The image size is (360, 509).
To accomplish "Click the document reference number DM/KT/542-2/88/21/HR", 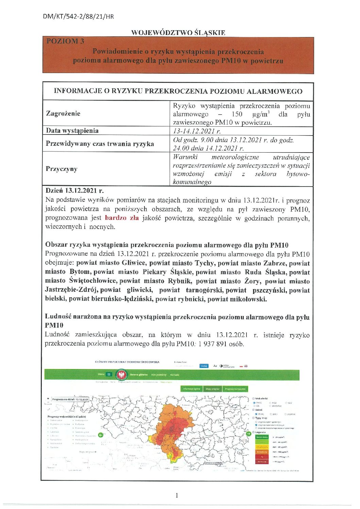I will coord(78,16).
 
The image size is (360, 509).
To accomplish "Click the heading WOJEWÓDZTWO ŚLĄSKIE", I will coord(178,33).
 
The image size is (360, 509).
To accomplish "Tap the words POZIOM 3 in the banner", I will coord(65,41).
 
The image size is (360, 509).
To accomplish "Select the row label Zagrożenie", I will coord(63,113).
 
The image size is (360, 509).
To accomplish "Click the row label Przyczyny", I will coord(62,169).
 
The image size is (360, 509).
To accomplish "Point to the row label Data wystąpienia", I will coord(72,131).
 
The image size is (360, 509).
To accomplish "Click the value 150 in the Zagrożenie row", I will coord(237,114).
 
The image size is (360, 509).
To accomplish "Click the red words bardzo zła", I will coord(122,218).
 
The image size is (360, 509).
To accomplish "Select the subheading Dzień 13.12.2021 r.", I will coord(74,191).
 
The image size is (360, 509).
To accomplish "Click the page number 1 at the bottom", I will coord(177,495).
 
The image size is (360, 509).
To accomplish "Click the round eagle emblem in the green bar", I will coord(120,375).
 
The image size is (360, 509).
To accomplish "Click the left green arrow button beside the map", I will coord(101,435).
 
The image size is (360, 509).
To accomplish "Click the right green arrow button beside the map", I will coord(248,434).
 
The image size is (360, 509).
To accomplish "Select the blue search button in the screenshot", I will coord(204,366).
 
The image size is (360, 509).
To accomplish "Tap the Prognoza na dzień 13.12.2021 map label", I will coord(70,399).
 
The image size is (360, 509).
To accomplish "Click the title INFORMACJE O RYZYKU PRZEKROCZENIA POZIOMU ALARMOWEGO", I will coord(178,91).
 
